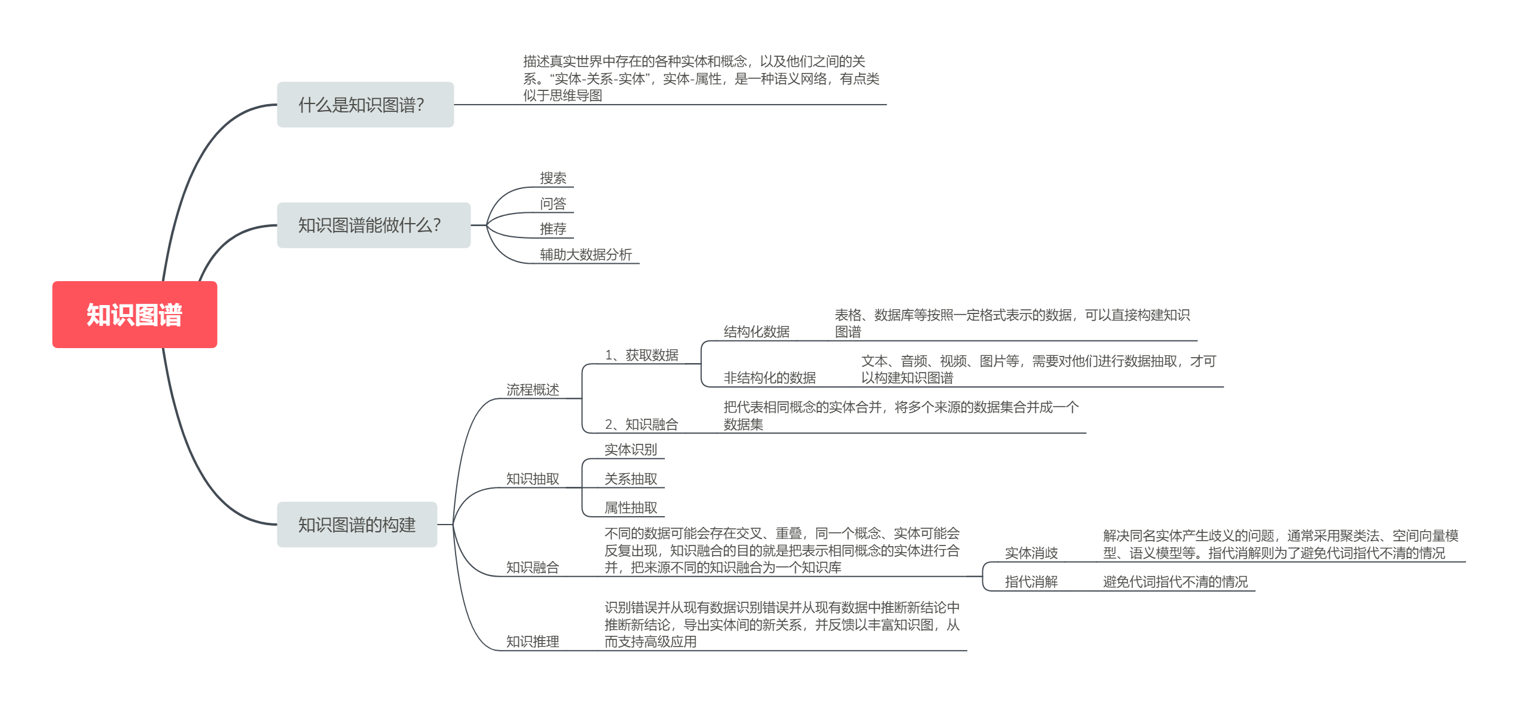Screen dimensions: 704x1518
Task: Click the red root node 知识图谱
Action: (x=135, y=315)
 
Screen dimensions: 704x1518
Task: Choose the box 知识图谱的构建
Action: (x=357, y=525)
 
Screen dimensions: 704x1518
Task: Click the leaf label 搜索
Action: (x=553, y=178)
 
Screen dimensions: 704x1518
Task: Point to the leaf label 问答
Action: (x=553, y=204)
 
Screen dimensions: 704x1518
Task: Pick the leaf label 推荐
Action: (x=553, y=229)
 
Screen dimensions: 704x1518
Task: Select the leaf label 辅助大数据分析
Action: (x=586, y=255)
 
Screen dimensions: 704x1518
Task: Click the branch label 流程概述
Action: (x=533, y=390)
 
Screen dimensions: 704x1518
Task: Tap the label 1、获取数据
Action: (x=642, y=355)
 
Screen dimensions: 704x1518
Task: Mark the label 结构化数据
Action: (x=756, y=332)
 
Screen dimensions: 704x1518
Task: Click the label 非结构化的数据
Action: (x=769, y=378)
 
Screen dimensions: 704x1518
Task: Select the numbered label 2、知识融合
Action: (x=642, y=425)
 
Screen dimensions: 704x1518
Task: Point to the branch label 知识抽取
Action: (x=533, y=479)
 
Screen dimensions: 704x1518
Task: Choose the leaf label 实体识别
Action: (x=631, y=450)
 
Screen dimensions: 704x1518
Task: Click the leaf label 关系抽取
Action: (x=631, y=479)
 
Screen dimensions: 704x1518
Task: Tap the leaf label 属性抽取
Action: (x=631, y=508)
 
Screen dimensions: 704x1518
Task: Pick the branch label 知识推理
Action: (x=533, y=642)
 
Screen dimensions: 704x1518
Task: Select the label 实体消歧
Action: (x=1031, y=553)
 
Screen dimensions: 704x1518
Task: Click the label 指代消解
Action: (x=1031, y=582)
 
